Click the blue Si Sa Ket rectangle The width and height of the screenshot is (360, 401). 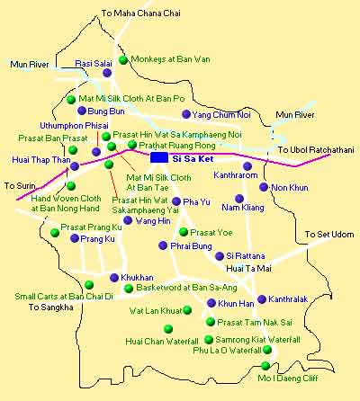pyautogui.click(x=159, y=157)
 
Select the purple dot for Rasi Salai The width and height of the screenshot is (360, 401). pyautogui.click(x=119, y=76)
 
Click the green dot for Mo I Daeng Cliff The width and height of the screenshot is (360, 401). pyautogui.click(x=265, y=365)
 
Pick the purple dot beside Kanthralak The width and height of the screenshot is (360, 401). pyautogui.click(x=262, y=299)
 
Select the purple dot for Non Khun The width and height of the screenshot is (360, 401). pyautogui.click(x=264, y=187)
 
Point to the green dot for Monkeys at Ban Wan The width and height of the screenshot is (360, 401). pyautogui.click(x=124, y=59)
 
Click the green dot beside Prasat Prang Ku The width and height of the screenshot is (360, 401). pyautogui.click(x=55, y=234)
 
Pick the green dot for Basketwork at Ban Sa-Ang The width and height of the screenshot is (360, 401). pyautogui.click(x=128, y=289)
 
